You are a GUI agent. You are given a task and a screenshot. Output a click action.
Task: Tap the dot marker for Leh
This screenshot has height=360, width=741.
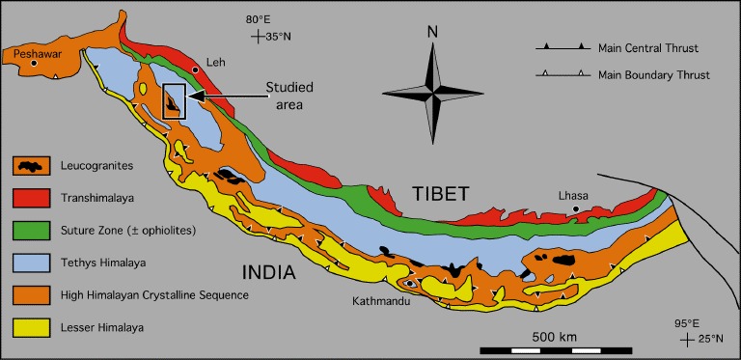(196, 69)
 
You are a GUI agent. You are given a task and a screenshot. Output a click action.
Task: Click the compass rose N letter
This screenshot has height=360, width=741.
(432, 31)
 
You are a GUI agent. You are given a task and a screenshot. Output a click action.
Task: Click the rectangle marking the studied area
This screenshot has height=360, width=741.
(174, 101)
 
